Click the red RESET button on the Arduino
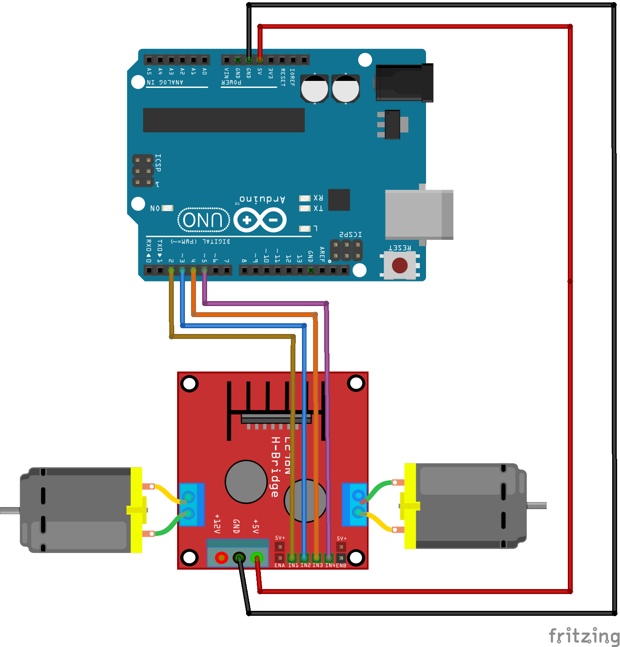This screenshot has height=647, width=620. tap(399, 265)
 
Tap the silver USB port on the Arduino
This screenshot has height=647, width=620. tap(419, 214)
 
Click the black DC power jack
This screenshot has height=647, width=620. tap(404, 83)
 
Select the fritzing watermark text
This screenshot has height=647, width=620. tap(583, 636)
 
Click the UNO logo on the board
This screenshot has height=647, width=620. tap(203, 220)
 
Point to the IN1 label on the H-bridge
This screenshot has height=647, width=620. tap(293, 566)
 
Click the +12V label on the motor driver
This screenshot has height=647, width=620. tap(217, 523)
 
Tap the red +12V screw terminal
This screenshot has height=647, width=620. tap(221, 558)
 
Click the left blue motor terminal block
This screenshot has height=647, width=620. tap(191, 505)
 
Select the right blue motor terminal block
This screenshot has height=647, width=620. tap(355, 504)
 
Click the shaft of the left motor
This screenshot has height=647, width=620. tap(9, 511)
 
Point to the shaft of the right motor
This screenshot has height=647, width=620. tap(537, 506)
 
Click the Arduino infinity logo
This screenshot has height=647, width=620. tap(260, 220)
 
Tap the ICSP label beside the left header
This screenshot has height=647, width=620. tap(158, 163)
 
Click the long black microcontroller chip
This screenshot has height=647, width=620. tap(224, 120)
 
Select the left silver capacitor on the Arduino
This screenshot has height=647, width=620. tap(315, 89)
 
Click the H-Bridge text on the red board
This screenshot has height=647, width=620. tap(275, 467)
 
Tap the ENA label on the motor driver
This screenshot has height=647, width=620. tap(279, 566)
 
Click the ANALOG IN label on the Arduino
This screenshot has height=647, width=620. tap(165, 82)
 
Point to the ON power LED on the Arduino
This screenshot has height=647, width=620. tap(167, 208)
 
